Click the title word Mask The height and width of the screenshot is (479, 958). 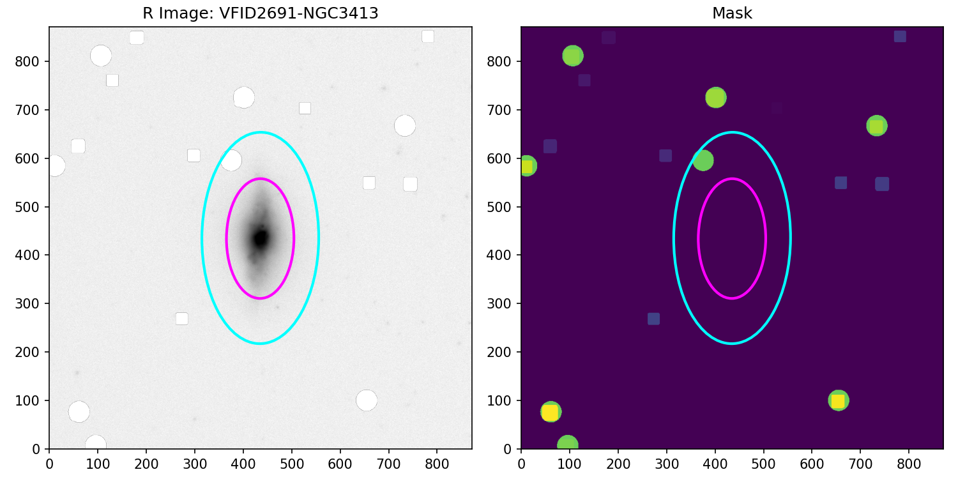(x=732, y=13)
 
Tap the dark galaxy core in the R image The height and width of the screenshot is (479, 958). (x=260, y=238)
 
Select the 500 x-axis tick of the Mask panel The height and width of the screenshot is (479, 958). (x=763, y=460)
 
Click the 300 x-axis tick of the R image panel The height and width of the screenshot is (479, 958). (x=195, y=460)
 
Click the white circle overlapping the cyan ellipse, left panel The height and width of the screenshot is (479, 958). (x=231, y=160)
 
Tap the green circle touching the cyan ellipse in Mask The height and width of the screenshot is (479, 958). (x=703, y=160)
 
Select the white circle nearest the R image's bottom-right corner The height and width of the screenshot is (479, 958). (x=366, y=400)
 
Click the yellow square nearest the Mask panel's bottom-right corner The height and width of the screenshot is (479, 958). (x=838, y=401)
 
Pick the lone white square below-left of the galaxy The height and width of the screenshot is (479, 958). (x=182, y=319)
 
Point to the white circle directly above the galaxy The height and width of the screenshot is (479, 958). (x=243, y=98)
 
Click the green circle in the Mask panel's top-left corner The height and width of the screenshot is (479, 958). (x=572, y=56)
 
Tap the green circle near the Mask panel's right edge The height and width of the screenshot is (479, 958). (x=876, y=126)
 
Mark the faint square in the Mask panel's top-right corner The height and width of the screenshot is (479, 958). (x=900, y=36)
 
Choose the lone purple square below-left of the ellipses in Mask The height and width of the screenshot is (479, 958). (x=653, y=319)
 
